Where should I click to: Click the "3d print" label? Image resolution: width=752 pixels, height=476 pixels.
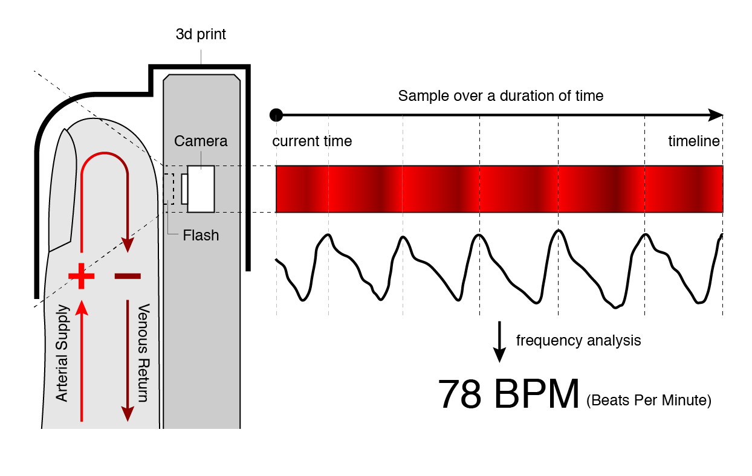(x=201, y=34)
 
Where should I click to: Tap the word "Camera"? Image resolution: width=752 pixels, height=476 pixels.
(x=201, y=141)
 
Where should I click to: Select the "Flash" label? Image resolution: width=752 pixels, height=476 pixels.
(x=201, y=235)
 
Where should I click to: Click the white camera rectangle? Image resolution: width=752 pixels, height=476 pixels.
(x=201, y=188)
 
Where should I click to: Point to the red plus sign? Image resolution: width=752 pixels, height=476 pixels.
(x=82, y=276)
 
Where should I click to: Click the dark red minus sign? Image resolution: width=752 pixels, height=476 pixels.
(x=128, y=276)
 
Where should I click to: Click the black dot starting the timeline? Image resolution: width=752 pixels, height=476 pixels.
(x=276, y=115)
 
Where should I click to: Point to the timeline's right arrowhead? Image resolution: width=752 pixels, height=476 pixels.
(x=716, y=115)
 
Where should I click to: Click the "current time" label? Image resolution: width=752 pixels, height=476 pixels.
(x=312, y=142)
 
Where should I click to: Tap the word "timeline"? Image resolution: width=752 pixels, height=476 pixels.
(x=694, y=142)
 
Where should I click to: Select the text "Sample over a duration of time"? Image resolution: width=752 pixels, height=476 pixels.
(x=501, y=96)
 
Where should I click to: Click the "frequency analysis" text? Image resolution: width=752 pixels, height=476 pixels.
(x=578, y=341)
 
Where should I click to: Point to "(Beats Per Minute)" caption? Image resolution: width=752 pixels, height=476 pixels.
(x=649, y=400)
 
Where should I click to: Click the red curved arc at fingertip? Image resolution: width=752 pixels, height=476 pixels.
(x=105, y=156)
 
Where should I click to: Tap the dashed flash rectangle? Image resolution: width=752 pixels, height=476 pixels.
(x=169, y=189)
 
